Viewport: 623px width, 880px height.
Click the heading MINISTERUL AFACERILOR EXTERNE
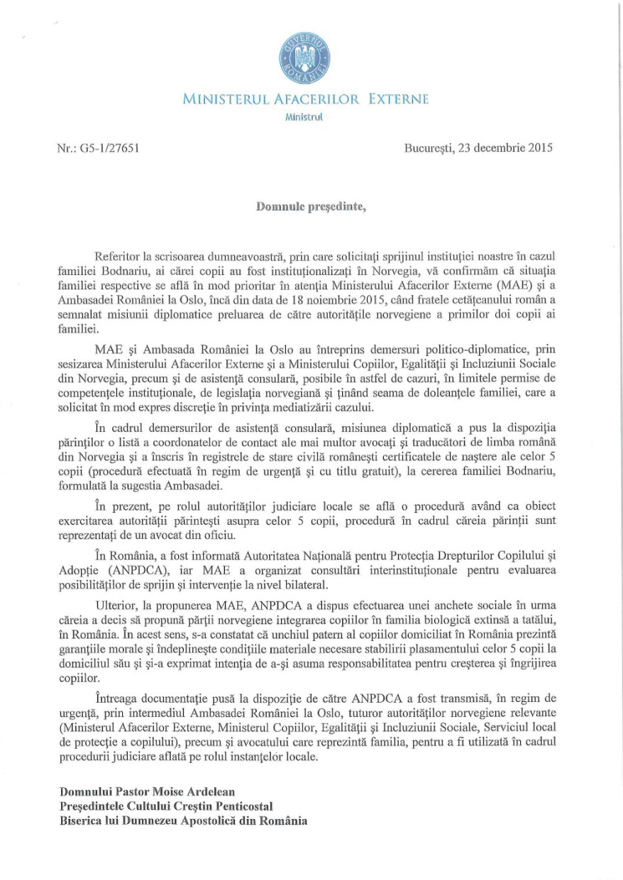click(x=305, y=100)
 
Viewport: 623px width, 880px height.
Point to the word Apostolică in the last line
click(x=221, y=821)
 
